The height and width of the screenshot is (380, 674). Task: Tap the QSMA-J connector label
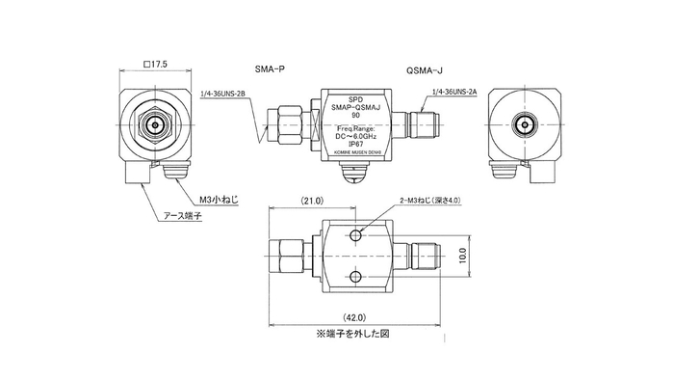tap(424, 70)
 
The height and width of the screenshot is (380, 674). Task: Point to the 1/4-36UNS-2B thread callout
tap(224, 95)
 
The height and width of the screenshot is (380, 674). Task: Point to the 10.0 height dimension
tap(464, 257)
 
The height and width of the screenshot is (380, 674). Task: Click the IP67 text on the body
tap(356, 145)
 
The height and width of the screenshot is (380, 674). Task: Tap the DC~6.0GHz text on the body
tap(356, 137)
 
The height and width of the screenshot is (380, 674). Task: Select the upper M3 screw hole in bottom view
tap(357, 236)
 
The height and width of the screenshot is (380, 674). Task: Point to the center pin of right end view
tap(525, 125)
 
